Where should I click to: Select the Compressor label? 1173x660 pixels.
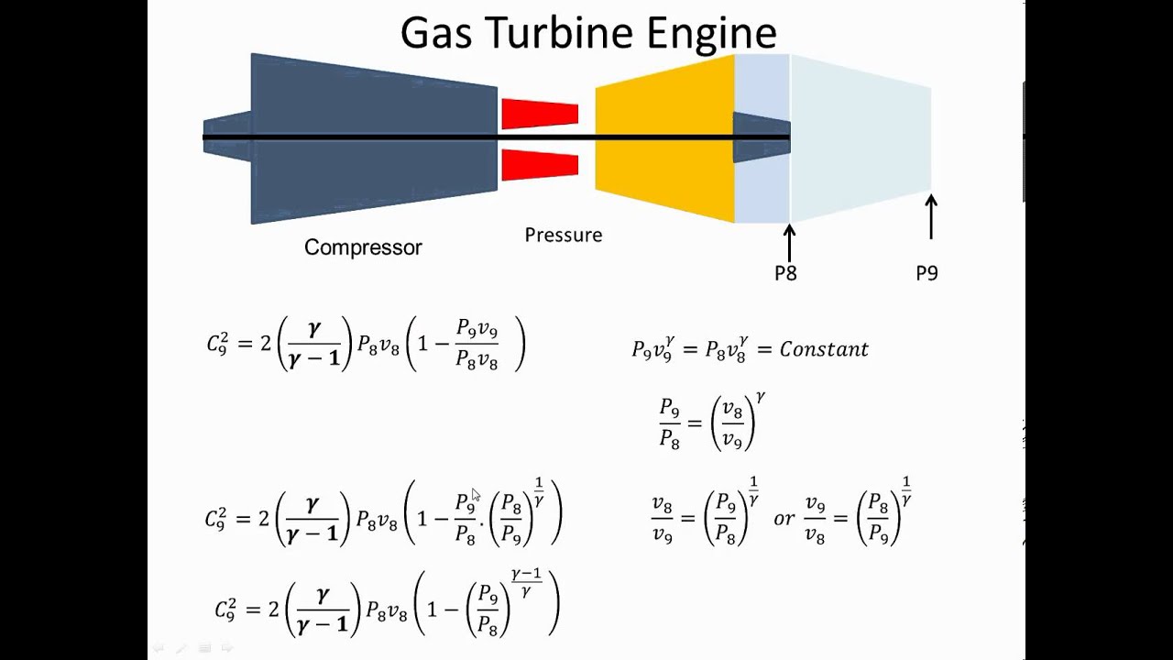(363, 247)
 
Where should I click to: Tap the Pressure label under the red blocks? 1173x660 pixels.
(563, 236)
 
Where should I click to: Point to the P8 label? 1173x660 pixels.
(785, 273)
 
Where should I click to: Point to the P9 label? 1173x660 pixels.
(926, 273)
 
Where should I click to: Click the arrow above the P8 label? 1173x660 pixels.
(789, 242)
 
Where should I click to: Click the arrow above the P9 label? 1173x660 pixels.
(931, 216)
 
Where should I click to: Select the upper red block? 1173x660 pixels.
(540, 114)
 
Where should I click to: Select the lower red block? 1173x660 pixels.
(540, 165)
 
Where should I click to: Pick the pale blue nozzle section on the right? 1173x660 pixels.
(861, 137)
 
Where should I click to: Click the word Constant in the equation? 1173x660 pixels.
(824, 349)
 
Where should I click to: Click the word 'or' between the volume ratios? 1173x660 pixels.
(784, 519)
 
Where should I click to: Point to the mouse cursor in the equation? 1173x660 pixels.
(476, 495)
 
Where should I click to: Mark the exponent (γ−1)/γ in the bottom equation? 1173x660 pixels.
(526, 582)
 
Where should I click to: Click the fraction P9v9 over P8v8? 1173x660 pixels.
(477, 345)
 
